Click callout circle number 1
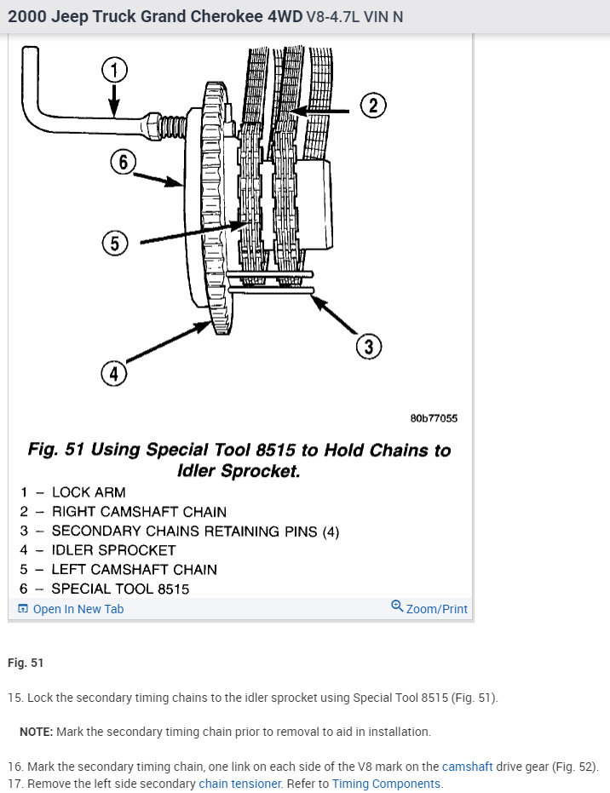pos(115,69)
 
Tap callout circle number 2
pos(372,106)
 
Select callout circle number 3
pos(368,347)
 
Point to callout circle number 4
pos(113,373)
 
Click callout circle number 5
pos(114,244)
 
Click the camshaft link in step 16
pos(467,767)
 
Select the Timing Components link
pos(386,784)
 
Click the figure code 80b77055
pos(434,418)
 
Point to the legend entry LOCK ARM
pos(88,492)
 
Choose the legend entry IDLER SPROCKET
pos(113,550)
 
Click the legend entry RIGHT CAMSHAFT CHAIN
pos(139,512)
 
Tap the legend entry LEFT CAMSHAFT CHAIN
pos(134,569)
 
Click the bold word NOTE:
pos(37,732)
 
